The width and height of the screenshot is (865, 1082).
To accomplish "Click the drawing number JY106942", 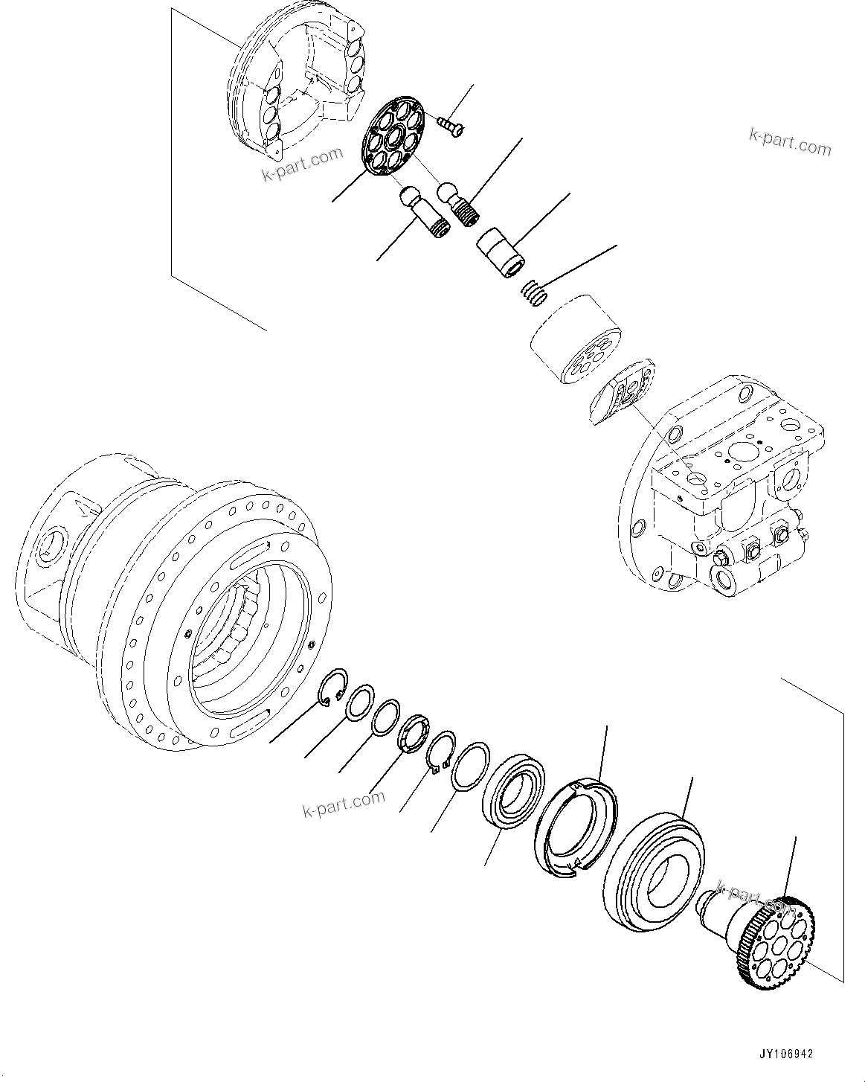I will (x=786, y=1054).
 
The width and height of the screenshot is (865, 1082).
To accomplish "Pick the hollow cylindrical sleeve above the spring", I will (x=501, y=254).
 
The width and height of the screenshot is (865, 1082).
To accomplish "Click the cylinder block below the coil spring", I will (x=576, y=339).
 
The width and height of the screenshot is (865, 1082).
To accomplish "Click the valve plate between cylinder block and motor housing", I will (x=623, y=393).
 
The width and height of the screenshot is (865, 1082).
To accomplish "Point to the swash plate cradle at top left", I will (x=298, y=86).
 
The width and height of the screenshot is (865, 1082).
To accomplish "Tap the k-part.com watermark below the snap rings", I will (x=344, y=804).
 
